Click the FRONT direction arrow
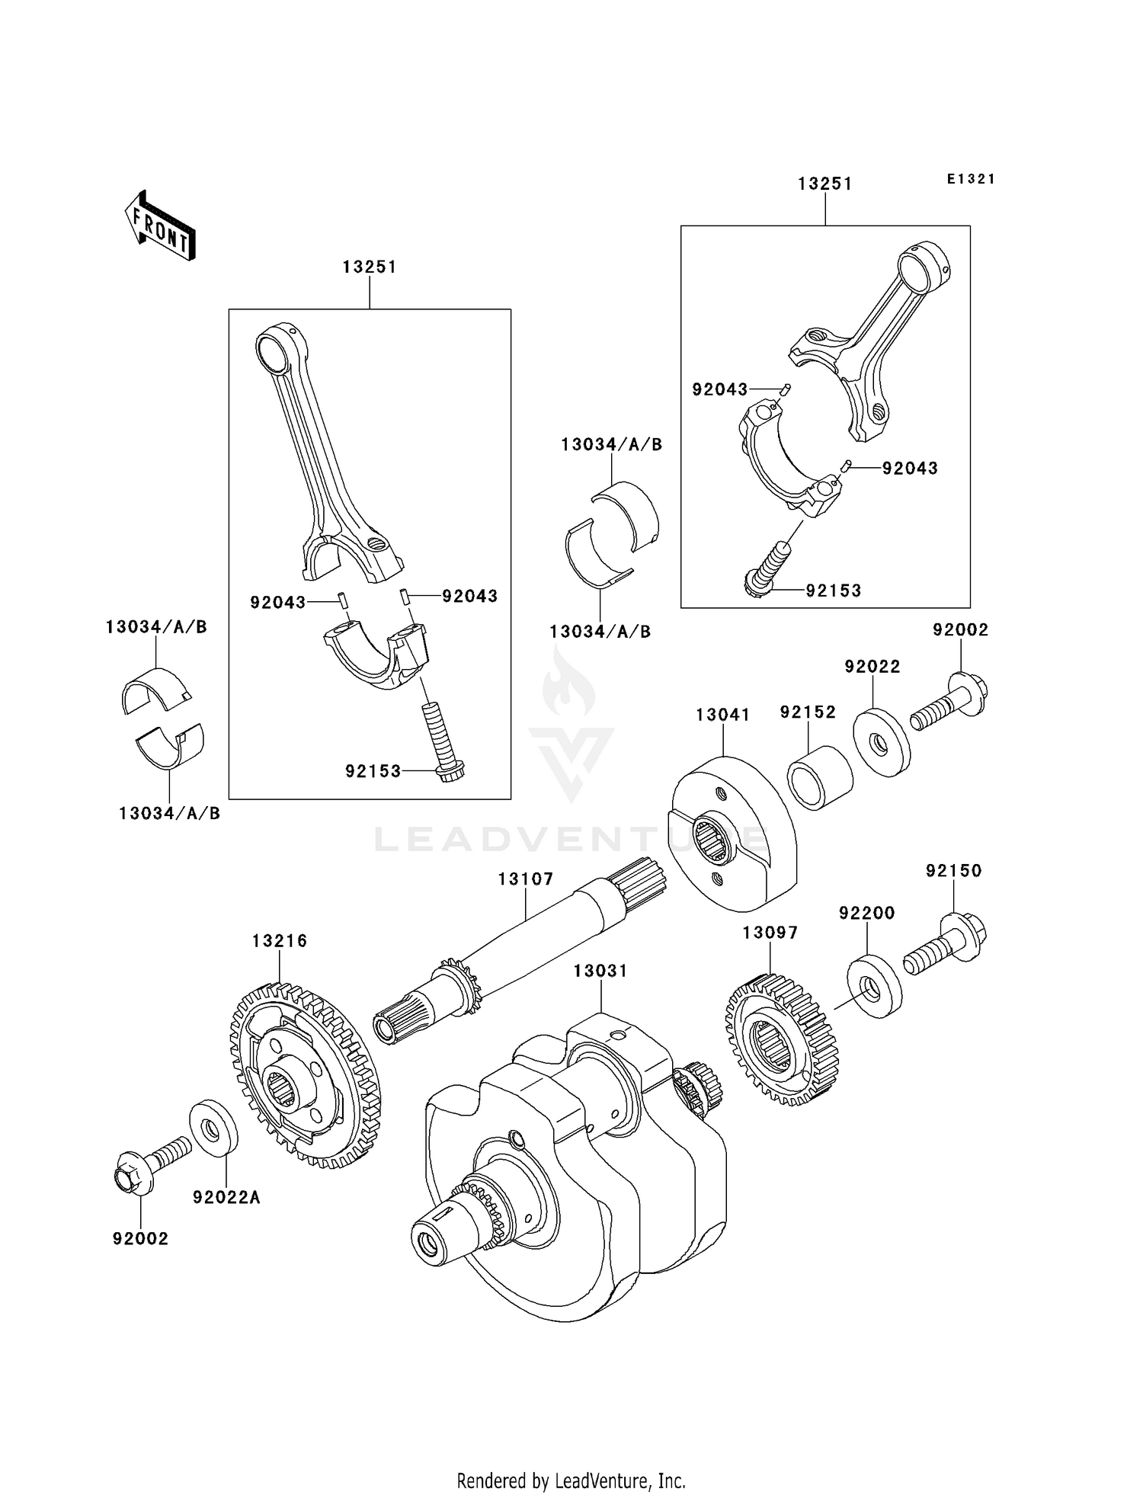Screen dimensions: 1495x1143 [161, 226]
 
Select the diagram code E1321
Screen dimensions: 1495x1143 [971, 179]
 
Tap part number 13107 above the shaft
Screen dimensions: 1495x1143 [526, 879]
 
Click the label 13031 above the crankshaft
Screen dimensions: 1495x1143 [600, 971]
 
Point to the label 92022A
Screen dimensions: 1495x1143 [226, 1198]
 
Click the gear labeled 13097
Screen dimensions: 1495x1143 [781, 1040]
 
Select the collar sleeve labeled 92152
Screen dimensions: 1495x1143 [819, 778]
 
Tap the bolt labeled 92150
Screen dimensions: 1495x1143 [945, 945]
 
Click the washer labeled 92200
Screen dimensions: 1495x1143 [873, 988]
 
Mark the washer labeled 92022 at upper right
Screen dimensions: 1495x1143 [881, 742]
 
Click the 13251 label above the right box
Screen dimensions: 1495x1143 [824, 184]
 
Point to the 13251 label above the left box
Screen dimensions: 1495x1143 [369, 267]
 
